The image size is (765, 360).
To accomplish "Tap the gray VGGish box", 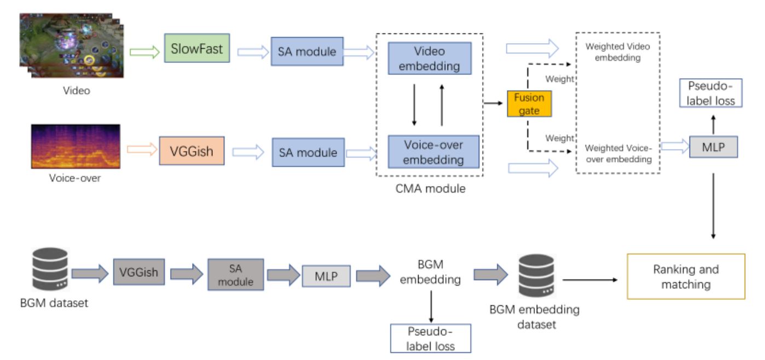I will click(x=138, y=272).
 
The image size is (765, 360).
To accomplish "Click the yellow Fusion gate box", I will click(x=529, y=104).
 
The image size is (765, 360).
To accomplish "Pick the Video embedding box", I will click(x=430, y=59).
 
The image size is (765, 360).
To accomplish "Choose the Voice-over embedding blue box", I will click(x=433, y=153).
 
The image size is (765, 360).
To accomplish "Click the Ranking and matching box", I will click(x=685, y=276).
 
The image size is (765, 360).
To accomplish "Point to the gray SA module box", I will click(x=236, y=274).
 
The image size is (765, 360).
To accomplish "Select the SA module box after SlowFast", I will click(x=307, y=52).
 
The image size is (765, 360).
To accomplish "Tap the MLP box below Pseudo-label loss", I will click(x=712, y=147).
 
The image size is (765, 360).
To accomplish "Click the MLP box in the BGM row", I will click(x=326, y=275).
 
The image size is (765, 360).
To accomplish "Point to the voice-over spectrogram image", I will click(x=75, y=146).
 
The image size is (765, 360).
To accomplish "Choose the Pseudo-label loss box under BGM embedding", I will click(x=431, y=338).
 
